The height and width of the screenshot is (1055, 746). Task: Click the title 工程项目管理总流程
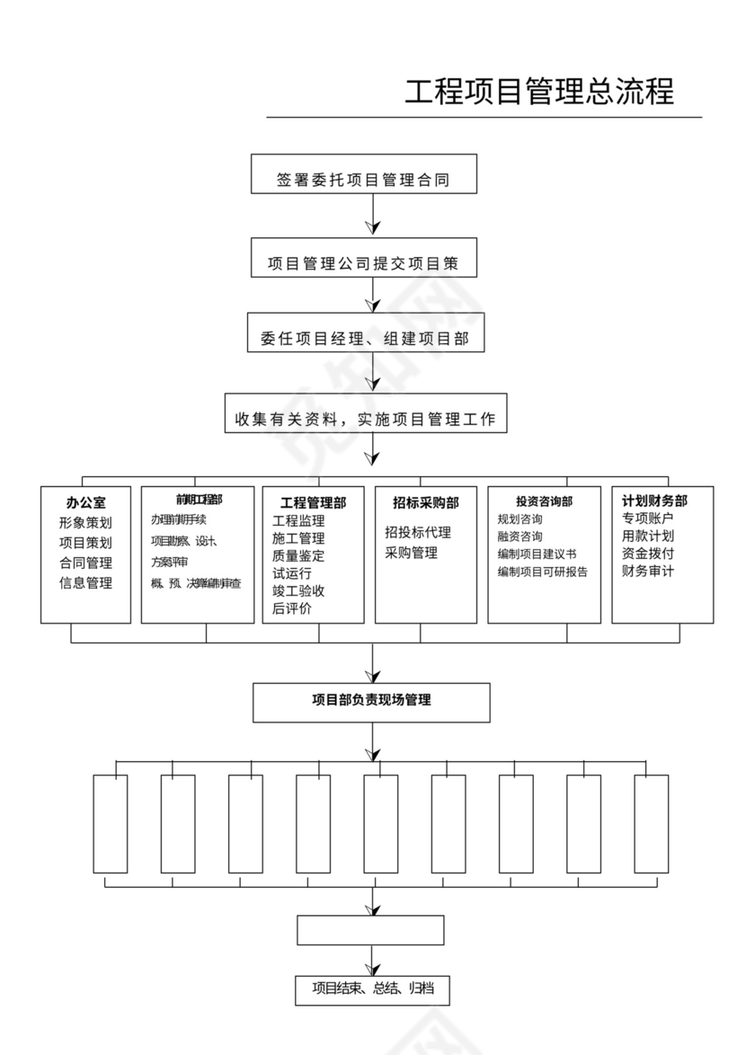pyautogui.click(x=539, y=93)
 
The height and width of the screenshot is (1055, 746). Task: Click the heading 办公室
pyautogui.click(x=85, y=503)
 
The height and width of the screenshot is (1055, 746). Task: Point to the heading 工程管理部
pyautogui.click(x=313, y=503)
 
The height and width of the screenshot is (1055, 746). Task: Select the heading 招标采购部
pyautogui.click(x=425, y=503)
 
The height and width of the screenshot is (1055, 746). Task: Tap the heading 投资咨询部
pyautogui.click(x=544, y=501)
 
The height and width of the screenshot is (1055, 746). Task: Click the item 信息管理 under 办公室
pyautogui.click(x=85, y=583)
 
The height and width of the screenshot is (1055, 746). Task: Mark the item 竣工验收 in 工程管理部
pyautogui.click(x=298, y=590)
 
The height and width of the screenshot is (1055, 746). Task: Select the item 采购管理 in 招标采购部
pyautogui.click(x=411, y=553)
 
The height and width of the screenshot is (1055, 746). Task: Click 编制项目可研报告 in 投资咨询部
pyautogui.click(x=542, y=572)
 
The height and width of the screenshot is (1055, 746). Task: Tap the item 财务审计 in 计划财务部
pyautogui.click(x=647, y=571)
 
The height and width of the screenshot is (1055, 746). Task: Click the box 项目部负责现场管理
pyautogui.click(x=371, y=702)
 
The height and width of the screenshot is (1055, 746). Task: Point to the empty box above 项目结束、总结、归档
pyautogui.click(x=370, y=930)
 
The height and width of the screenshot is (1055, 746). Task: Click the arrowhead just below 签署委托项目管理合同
pyautogui.click(x=372, y=226)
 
